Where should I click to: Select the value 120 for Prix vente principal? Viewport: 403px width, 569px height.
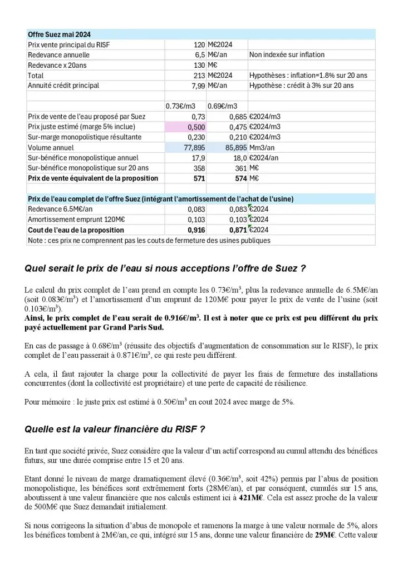(x=199, y=44)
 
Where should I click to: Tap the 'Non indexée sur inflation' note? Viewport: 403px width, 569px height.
(x=287, y=54)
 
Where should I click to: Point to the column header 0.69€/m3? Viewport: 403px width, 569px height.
(x=223, y=106)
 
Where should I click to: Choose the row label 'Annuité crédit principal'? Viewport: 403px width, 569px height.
(x=63, y=86)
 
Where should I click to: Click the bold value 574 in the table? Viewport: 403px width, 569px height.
(x=240, y=178)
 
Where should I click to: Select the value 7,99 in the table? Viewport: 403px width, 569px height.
(x=198, y=86)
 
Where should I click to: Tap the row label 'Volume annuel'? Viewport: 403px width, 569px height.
(x=51, y=147)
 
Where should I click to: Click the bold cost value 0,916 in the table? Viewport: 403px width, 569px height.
(x=196, y=229)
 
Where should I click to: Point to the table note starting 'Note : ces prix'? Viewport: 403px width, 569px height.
(x=149, y=240)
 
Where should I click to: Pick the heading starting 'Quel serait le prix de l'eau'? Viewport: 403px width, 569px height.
(x=165, y=268)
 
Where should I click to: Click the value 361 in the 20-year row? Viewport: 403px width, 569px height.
(x=240, y=168)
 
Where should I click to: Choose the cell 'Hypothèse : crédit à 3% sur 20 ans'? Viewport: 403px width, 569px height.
(x=301, y=86)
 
